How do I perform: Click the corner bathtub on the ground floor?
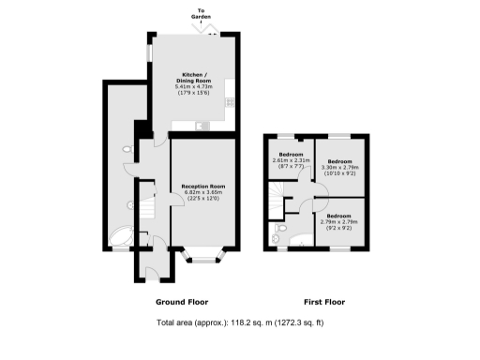pos(122,235)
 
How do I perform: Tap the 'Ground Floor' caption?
pos(180,303)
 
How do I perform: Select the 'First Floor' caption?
pos(325,303)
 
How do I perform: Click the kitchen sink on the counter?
pos(199,125)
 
